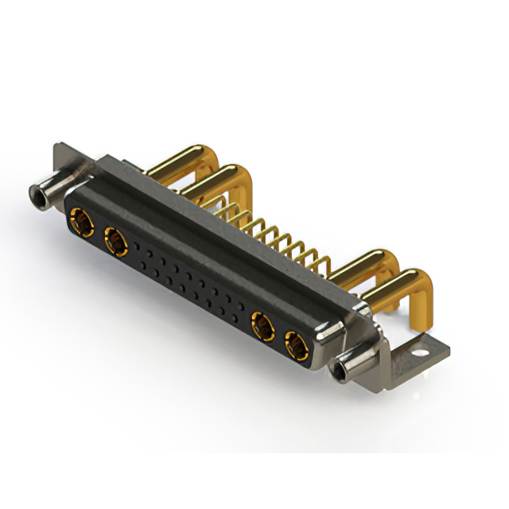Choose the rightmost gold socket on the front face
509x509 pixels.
point(294,344)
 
